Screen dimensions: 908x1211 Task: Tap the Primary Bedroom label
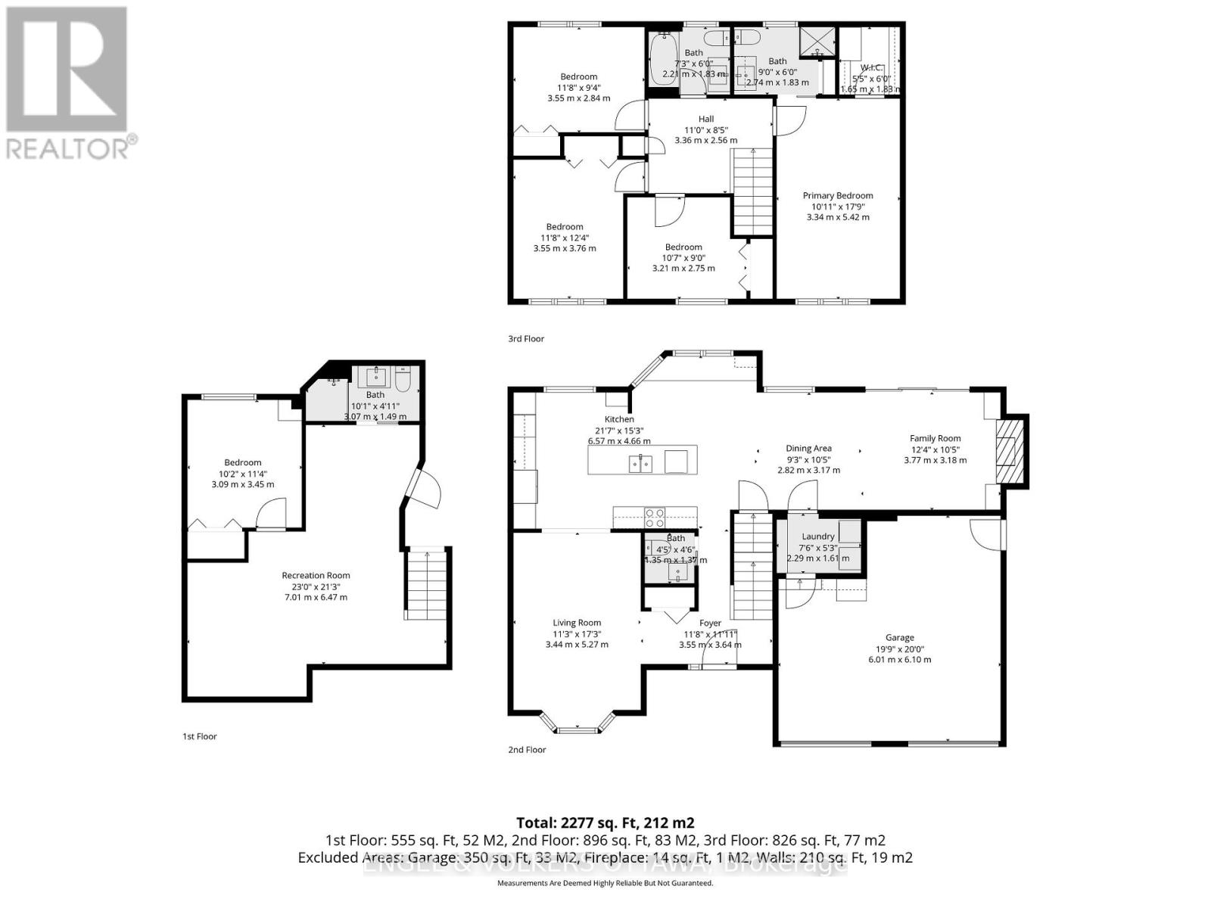coord(837,195)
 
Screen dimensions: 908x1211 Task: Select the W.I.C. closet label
coord(872,68)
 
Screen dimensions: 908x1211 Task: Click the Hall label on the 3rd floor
coord(705,119)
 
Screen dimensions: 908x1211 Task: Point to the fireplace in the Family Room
coord(1007,452)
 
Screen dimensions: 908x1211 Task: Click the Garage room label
coord(899,637)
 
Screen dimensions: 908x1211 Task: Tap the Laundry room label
coord(817,536)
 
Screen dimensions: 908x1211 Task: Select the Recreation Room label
coord(316,575)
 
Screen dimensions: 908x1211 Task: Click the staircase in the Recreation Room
coord(428,584)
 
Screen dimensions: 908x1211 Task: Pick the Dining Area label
coord(808,448)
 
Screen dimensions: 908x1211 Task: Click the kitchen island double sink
coord(640,463)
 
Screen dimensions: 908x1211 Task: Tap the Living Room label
coord(577,623)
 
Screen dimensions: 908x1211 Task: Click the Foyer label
coord(710,623)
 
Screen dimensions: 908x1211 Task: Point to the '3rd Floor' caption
coord(526,339)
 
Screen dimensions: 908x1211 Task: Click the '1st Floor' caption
coord(199,736)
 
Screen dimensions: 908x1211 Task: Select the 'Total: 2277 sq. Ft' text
coord(605,822)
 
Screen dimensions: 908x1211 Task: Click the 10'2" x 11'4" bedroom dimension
coord(242,474)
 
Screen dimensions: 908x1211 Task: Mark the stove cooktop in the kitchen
coord(655,518)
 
